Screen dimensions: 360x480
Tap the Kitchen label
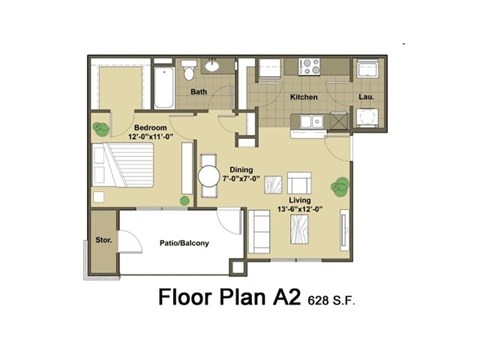pyautogui.click(x=304, y=98)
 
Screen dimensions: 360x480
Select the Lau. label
pyautogui.click(x=366, y=98)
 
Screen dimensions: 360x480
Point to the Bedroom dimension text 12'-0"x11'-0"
pyautogui.click(x=152, y=138)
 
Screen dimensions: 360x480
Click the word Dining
pyautogui.click(x=242, y=169)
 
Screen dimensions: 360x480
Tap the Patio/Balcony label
pyautogui.click(x=181, y=242)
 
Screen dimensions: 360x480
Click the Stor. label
pyautogui.click(x=103, y=241)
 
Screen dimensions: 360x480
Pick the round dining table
pyautogui.click(x=210, y=177)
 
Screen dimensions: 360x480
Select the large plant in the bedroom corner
pyautogui.click(x=101, y=128)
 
